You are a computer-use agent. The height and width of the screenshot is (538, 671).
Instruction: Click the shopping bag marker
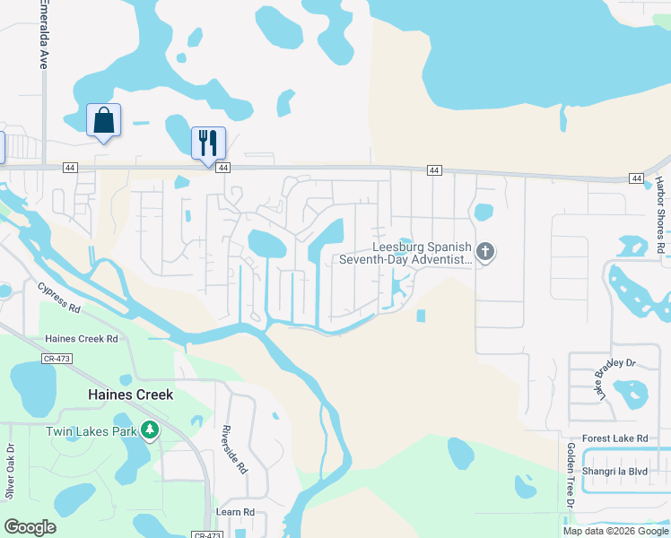click(103, 120)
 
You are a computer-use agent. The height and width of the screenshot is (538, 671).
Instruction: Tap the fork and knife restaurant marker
click(208, 143)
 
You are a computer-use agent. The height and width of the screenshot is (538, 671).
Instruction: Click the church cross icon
click(484, 252)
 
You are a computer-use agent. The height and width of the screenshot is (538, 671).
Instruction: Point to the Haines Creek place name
click(130, 395)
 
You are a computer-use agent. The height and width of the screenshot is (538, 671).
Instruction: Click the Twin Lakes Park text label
click(91, 431)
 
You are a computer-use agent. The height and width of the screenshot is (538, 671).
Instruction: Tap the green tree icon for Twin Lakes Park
click(150, 431)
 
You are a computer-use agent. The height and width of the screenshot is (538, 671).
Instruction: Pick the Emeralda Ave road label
click(42, 35)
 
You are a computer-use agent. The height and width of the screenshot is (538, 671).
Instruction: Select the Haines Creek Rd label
click(83, 339)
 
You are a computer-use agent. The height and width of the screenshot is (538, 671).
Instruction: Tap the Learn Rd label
click(236, 512)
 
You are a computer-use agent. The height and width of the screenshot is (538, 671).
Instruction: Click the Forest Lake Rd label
click(614, 438)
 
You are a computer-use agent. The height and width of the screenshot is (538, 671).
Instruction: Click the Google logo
click(30, 527)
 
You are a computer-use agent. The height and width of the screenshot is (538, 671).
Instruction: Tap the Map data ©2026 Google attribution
click(615, 531)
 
